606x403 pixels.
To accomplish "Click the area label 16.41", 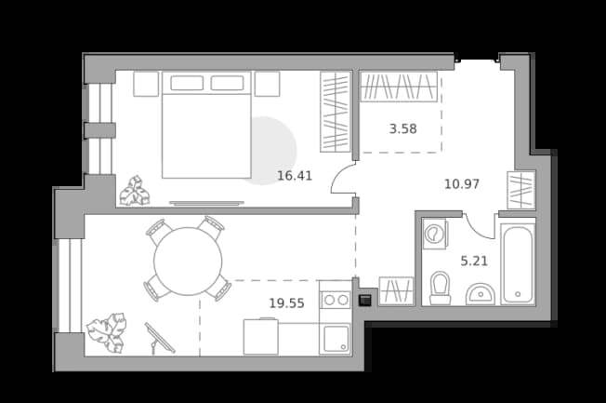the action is click(x=295, y=176).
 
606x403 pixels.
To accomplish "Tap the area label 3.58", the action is click(x=402, y=128).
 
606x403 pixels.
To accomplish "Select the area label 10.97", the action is click(x=462, y=183).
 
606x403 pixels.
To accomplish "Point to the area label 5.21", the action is click(x=474, y=261).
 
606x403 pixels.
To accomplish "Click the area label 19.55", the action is click(x=287, y=303).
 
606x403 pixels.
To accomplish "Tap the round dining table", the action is click(x=188, y=262).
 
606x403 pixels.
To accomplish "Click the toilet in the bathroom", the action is click(x=441, y=288).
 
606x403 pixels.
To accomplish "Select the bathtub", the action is click(x=518, y=264).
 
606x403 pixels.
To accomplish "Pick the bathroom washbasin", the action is click(x=481, y=294).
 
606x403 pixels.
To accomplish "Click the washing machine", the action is click(x=435, y=234).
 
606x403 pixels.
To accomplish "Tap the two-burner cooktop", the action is click(x=336, y=300).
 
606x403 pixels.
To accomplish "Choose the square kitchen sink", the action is click(x=336, y=339).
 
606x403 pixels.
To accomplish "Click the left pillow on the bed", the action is click(x=187, y=83).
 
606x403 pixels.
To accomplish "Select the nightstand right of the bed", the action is click(x=267, y=84).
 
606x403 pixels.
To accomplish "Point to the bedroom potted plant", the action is click(x=135, y=191).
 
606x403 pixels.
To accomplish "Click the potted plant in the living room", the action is click(x=107, y=332).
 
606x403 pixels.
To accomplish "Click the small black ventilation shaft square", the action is click(x=365, y=300).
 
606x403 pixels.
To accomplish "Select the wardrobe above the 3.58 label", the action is click(x=399, y=87).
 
